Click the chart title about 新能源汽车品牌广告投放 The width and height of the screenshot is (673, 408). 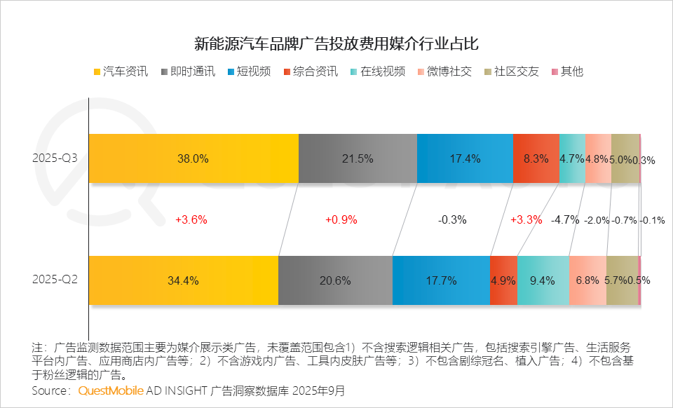(336, 43)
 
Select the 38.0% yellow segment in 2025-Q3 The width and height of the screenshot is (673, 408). (193, 158)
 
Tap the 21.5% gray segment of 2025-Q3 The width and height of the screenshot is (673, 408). (358, 158)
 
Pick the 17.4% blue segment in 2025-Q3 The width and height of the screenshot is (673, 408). (465, 158)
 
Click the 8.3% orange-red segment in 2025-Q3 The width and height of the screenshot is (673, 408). (536, 158)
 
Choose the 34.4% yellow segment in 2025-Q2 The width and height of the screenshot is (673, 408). (184, 280)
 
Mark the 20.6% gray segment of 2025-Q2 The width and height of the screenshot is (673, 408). (335, 280)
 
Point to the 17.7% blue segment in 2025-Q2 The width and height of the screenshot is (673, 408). (441, 280)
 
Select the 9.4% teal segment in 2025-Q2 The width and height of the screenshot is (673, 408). (543, 280)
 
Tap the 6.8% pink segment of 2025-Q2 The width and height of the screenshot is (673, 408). (587, 280)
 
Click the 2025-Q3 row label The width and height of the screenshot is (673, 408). (55, 158)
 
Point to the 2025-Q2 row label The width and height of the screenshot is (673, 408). (55, 279)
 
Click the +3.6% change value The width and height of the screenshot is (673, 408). (191, 219)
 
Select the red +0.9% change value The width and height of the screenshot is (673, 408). (341, 219)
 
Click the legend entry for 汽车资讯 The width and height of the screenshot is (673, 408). (120, 72)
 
